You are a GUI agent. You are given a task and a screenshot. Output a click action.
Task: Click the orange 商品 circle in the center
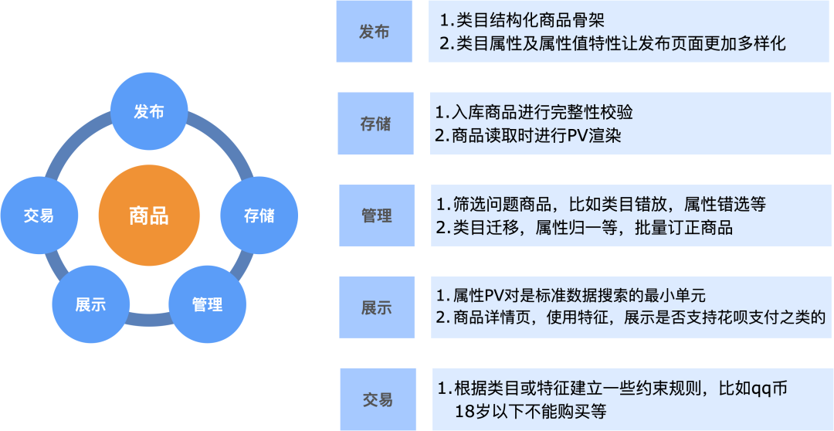tap(149, 215)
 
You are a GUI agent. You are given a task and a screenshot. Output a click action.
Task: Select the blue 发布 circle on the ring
tap(149, 112)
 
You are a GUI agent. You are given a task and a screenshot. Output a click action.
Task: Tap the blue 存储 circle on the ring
tap(259, 215)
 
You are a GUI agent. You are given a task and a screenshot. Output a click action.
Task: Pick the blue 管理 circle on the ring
tap(207, 304)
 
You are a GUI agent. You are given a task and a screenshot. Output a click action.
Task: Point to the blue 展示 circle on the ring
tap(90, 304)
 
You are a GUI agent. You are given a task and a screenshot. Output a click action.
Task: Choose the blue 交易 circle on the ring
tap(39, 215)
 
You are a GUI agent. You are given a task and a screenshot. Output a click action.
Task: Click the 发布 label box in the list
tap(375, 32)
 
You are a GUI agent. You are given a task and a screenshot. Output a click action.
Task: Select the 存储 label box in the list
tap(375, 124)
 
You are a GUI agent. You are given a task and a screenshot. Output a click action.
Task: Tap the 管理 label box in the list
tap(376, 215)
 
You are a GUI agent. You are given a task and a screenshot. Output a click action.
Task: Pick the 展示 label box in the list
tap(377, 307)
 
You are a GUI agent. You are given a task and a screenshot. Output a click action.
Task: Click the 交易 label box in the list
tap(378, 399)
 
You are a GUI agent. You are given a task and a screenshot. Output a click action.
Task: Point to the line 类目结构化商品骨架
tap(544, 19)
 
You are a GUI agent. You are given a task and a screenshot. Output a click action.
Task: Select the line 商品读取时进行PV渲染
tap(528, 136)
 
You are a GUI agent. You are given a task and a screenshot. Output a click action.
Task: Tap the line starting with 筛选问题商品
tap(600, 205)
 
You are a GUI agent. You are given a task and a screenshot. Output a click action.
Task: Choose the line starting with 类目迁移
tap(584, 228)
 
